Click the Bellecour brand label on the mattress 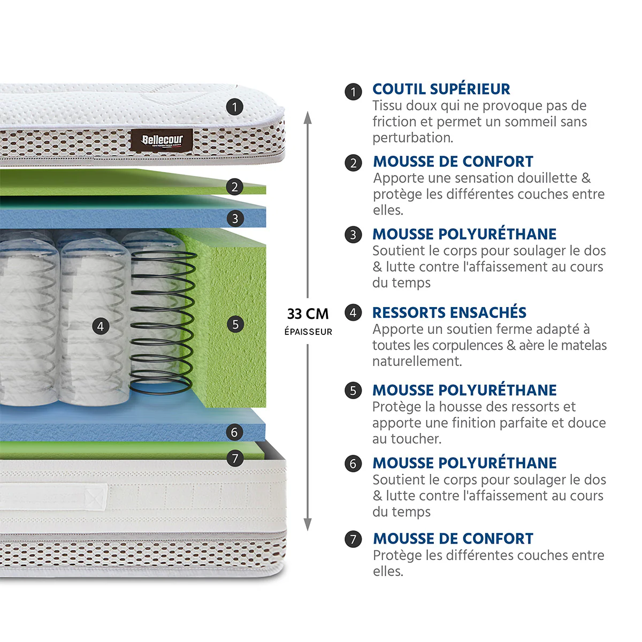coord(162,140)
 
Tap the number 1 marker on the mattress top coord(234,108)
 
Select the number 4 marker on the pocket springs coord(101,326)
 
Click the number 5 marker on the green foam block coord(235,324)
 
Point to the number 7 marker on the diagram coord(235,458)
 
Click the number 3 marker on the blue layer coord(235,219)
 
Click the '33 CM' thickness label coord(308,314)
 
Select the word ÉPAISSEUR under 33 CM coord(308,332)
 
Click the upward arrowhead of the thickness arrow coord(308,118)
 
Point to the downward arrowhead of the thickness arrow coord(308,525)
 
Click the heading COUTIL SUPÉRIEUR coord(441,89)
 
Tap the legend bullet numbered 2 coord(353,163)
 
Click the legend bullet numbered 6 coord(353,464)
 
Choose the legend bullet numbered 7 coord(353,539)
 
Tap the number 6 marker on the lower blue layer coord(234,432)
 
